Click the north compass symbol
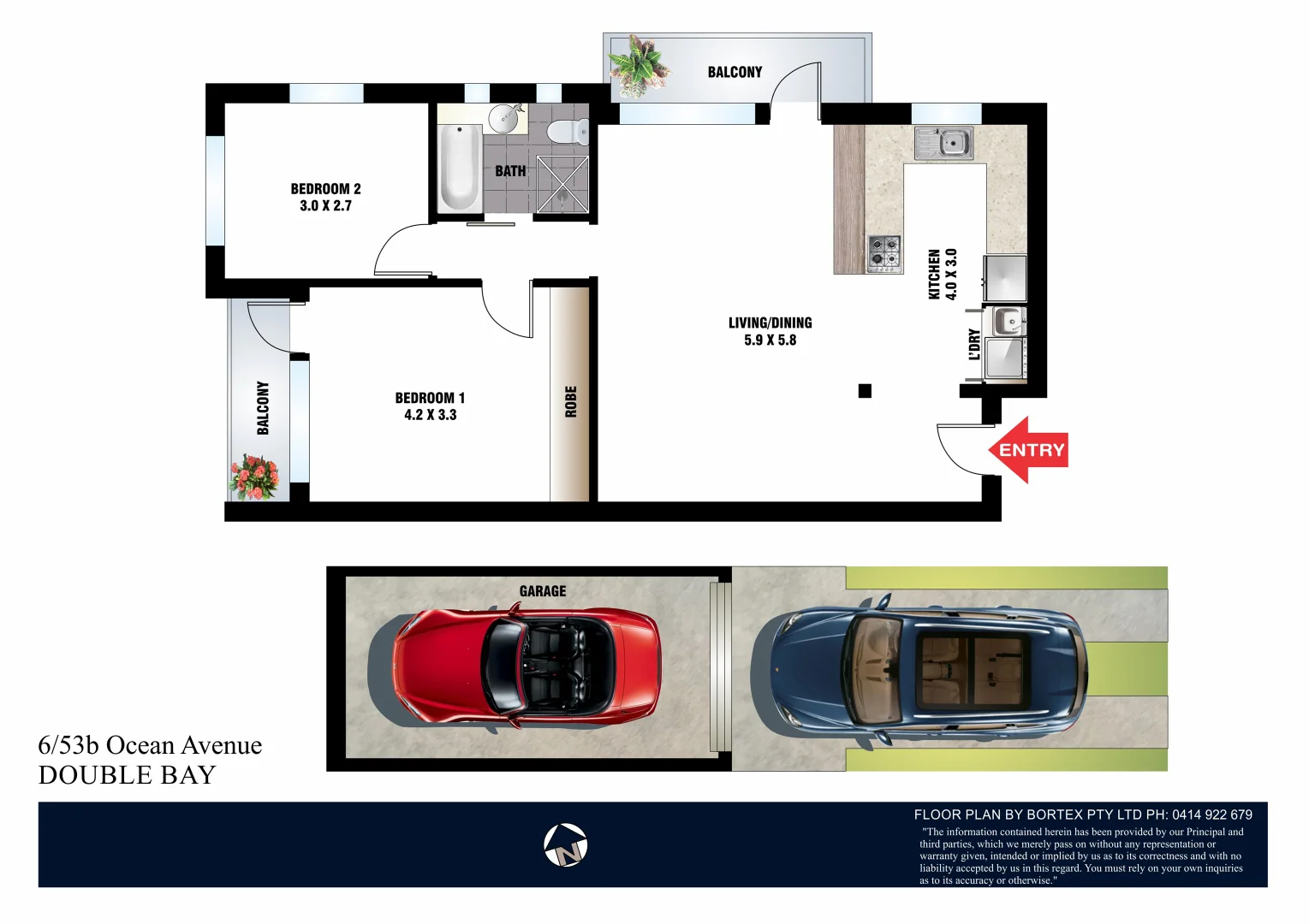coord(566,845)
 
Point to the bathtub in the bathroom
coord(459,167)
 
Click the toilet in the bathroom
coord(566,132)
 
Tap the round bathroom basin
coord(506,119)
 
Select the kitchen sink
coord(944,143)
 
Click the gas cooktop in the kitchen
coord(884,253)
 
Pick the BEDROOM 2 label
coord(325,189)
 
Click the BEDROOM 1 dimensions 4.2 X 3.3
coord(430,415)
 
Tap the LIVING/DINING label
coord(770,323)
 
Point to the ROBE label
coord(571,401)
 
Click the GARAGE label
coord(542,591)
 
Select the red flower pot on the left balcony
coord(253,477)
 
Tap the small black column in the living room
coord(865,391)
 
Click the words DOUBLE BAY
coord(127,775)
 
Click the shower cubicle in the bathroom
coord(562,183)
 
